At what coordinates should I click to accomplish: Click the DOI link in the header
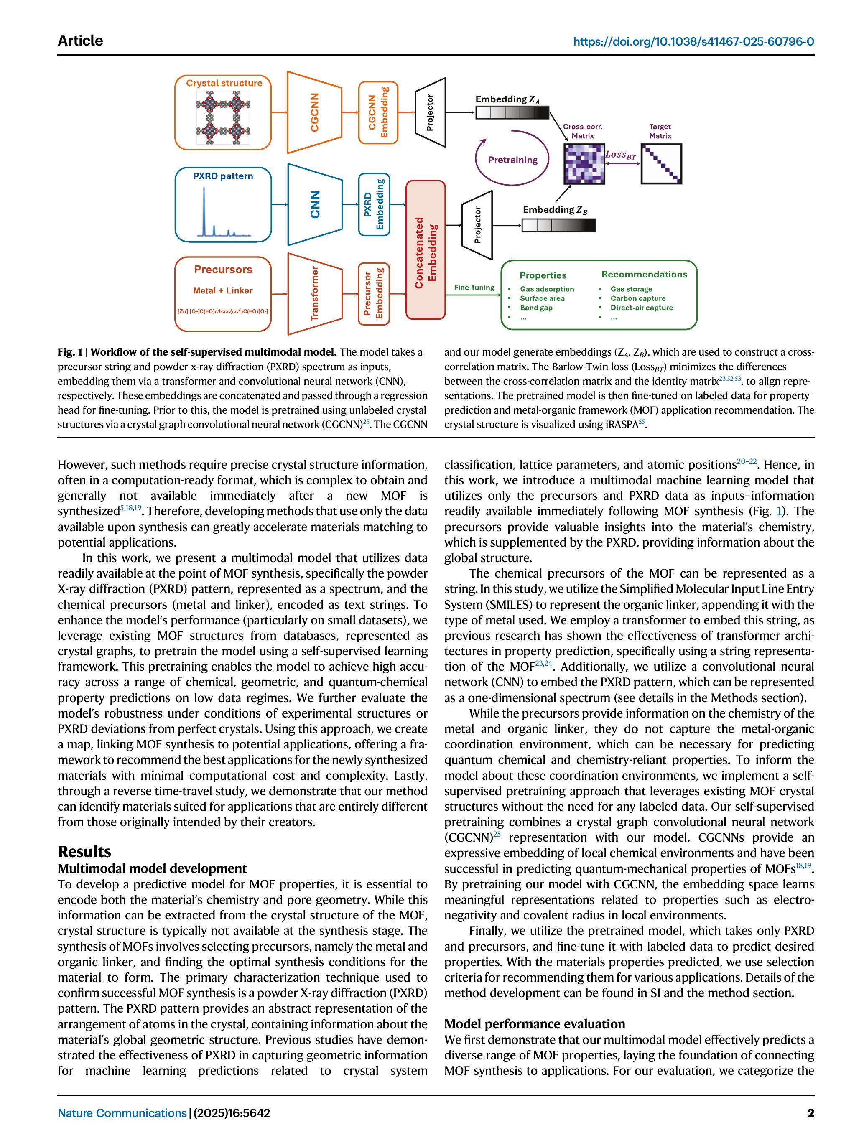693,41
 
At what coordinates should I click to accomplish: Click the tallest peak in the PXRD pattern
204,208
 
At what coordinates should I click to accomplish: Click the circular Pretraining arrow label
512,160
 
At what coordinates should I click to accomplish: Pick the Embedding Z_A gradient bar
512,112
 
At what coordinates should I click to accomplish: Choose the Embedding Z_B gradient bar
559,225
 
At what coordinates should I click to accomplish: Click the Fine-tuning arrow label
474,288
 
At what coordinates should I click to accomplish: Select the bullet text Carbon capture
637,298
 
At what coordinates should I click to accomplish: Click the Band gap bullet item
536,308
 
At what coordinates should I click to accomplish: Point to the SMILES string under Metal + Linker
223,312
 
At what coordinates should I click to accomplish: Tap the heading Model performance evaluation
534,1024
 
